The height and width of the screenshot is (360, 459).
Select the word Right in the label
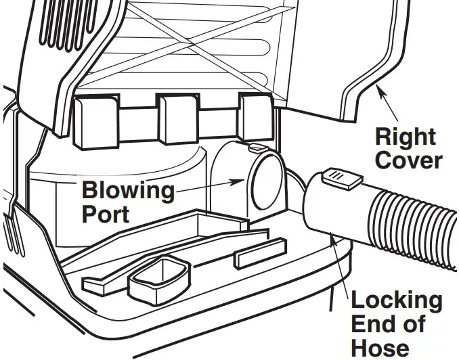pos(406,137)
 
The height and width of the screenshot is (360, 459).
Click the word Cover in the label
pos(408,161)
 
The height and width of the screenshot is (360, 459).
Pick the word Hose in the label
pos(380,347)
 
